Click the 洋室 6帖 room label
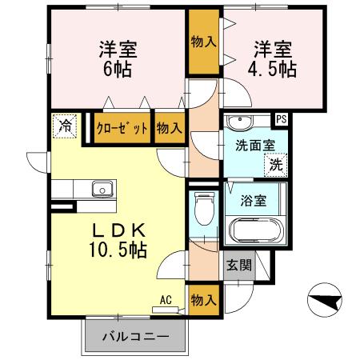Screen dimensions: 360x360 (x=118, y=58)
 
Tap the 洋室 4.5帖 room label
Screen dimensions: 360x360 (x=275, y=58)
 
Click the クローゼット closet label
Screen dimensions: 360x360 (x=122, y=128)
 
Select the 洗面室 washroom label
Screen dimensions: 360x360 (x=254, y=146)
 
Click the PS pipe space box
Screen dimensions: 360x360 (x=282, y=119)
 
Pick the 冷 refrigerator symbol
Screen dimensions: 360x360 (x=66, y=125)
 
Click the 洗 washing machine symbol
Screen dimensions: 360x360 (x=275, y=166)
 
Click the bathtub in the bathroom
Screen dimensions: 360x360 (x=255, y=232)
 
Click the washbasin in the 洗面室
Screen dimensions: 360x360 (x=239, y=122)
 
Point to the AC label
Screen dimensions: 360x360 (x=166, y=300)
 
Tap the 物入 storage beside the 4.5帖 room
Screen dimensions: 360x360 (x=204, y=41)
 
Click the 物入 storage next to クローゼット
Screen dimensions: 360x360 (x=169, y=128)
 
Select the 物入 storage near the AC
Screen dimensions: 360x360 (x=204, y=300)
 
